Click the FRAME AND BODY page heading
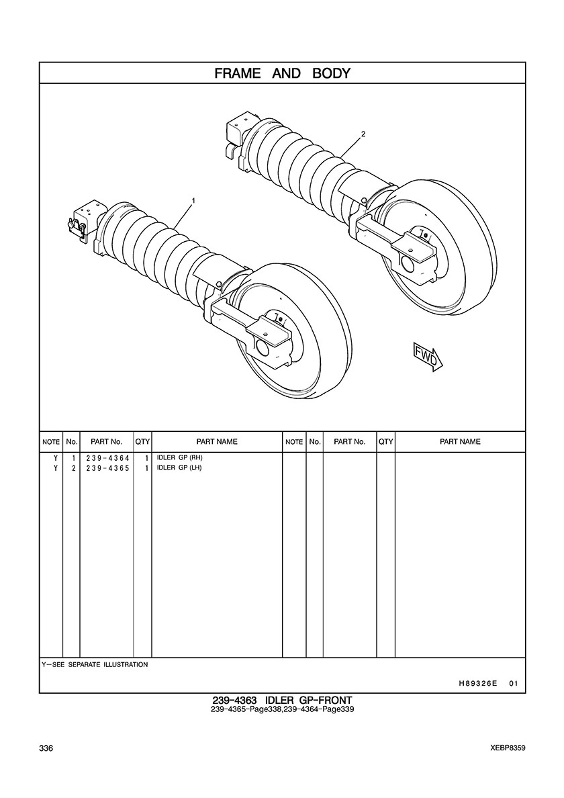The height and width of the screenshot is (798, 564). pos(282,73)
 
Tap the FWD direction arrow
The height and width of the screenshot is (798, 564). pos(428,356)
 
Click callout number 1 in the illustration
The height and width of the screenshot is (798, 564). pos(193,201)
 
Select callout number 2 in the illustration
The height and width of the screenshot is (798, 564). pos(363,134)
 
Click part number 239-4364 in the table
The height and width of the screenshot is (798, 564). pos(108,458)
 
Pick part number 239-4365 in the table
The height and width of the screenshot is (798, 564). pos(108,468)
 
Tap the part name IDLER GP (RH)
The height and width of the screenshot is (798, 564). pos(179,457)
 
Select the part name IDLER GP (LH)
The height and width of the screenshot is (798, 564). pos(179,468)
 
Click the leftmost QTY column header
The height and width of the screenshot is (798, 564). pos(142,442)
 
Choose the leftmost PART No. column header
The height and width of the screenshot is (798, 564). pos(106,442)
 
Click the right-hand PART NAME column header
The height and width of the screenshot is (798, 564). pos(460,442)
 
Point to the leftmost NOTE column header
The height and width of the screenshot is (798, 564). pos(51,442)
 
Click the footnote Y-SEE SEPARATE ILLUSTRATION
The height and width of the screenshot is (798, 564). pos(95,664)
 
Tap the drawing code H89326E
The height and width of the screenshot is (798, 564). pos(474,684)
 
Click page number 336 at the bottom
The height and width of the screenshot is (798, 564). pos(46,748)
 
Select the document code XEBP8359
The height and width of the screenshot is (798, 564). pos(508,748)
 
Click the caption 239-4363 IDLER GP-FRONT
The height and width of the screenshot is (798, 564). pos(282,701)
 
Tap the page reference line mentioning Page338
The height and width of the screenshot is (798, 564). pos(282,709)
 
